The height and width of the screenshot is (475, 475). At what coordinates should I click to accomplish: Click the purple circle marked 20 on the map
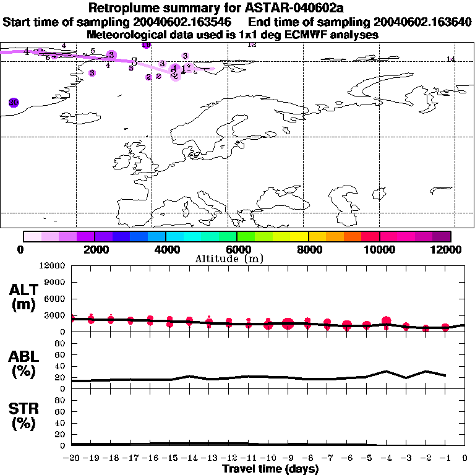(x=14, y=103)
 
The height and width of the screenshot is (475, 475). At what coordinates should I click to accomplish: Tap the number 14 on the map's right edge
(x=450, y=59)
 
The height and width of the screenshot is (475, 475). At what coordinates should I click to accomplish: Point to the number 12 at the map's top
(x=252, y=45)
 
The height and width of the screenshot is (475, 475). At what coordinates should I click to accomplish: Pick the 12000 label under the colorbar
(x=448, y=249)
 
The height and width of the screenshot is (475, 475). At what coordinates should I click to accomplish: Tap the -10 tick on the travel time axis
(x=267, y=458)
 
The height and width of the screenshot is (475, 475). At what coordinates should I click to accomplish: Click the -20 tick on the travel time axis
(x=71, y=458)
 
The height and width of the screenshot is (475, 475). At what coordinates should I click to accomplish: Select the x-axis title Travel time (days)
(x=270, y=469)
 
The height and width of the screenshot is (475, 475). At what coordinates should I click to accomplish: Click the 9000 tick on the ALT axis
(x=54, y=282)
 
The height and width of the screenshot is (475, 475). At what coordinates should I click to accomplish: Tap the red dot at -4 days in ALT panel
(x=387, y=321)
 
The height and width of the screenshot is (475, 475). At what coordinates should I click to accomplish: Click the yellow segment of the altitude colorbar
(x=300, y=236)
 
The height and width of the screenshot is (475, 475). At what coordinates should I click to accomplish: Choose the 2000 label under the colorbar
(x=95, y=249)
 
